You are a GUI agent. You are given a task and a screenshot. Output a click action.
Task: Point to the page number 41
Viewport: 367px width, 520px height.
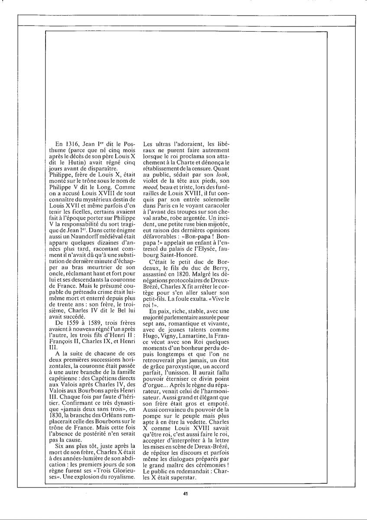click(x=185, y=493)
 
